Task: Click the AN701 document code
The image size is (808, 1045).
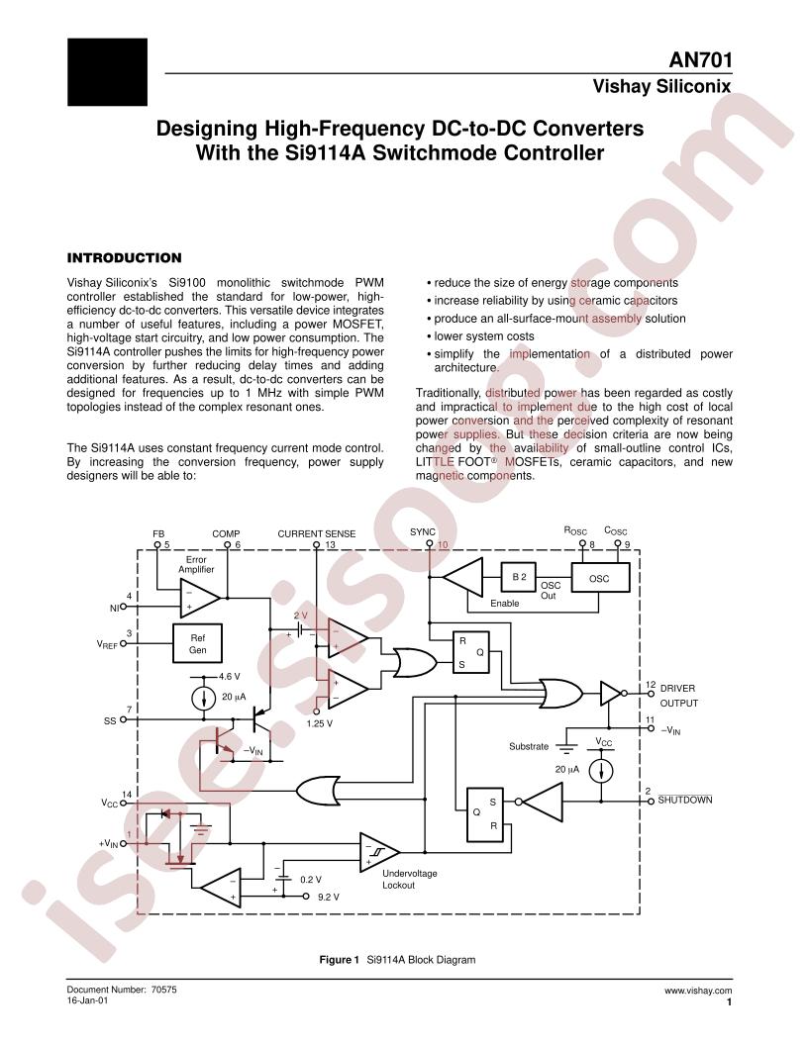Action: pos(700,60)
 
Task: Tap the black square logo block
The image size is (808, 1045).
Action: pos(107,72)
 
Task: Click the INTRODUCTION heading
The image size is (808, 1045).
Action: pos(124,258)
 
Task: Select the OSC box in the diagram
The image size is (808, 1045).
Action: pos(600,578)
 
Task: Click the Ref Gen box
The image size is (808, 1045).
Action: pos(197,643)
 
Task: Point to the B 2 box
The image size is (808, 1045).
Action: pos(519,577)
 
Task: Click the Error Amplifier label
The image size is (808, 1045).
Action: pos(196,564)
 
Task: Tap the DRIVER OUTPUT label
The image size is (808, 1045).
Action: pos(678,696)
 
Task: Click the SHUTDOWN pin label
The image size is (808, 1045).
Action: pos(684,800)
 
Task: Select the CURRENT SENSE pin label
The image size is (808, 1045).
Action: pos(317,533)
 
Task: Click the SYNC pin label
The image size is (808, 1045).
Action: pos(423,531)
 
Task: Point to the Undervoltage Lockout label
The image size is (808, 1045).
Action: pos(409,879)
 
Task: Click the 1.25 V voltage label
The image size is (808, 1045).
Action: pos(319,723)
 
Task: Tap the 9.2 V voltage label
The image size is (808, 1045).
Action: pos(328,897)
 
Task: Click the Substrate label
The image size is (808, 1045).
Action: pos(529,746)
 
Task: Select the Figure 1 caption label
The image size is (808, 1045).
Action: pos(340,960)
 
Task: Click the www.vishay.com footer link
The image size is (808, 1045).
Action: pos(698,991)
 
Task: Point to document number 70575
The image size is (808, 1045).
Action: pos(162,991)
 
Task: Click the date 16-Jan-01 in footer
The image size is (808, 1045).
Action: pos(87,1000)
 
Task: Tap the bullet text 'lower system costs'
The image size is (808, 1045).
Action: pos(484,336)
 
